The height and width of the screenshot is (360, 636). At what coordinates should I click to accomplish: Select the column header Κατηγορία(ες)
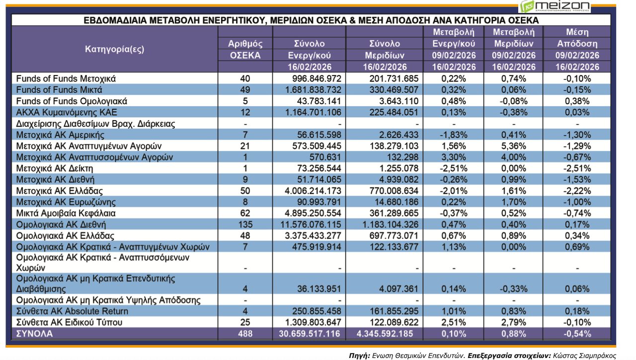114,49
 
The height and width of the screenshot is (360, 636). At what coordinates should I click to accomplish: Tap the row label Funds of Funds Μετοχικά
66,78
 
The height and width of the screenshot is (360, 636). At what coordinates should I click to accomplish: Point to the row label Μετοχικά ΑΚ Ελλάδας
59,191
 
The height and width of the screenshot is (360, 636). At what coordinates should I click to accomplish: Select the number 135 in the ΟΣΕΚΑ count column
245,224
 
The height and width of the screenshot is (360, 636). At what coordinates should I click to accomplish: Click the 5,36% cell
514,146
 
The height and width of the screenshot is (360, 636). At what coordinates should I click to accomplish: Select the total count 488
245,334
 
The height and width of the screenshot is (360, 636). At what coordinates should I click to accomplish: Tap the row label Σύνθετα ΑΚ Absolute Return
73,311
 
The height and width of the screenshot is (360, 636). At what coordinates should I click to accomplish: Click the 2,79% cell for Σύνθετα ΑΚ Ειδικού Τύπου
514,322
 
